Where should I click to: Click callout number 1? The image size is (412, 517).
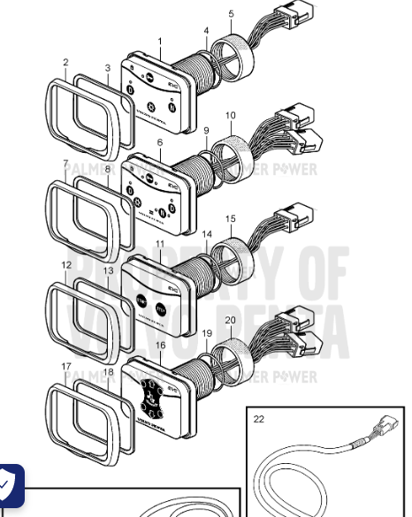[x=160, y=42]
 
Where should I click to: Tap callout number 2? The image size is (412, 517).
[x=65, y=63]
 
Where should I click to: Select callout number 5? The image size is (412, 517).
[x=232, y=14]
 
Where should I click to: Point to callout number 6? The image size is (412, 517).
[x=160, y=142]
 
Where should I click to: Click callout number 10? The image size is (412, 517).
[x=231, y=116]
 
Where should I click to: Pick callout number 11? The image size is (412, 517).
[x=160, y=243]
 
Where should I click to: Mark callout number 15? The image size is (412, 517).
[x=231, y=218]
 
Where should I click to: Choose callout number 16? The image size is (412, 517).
[x=160, y=346]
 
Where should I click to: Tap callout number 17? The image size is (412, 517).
[x=65, y=365]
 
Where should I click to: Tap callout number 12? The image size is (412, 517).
[x=66, y=265]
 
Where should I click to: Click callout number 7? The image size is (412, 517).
[x=65, y=164]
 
